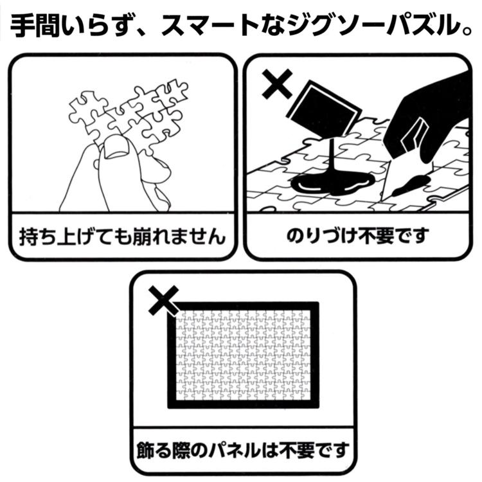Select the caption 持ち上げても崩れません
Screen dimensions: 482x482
[121, 237]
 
